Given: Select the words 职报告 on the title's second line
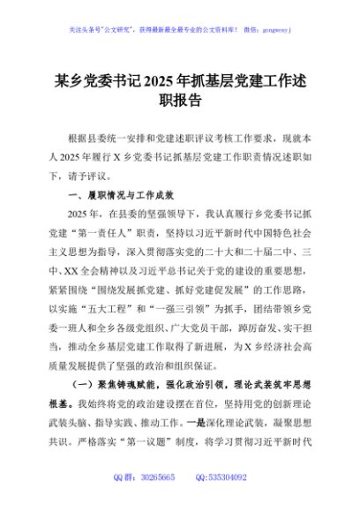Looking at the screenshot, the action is click(180, 100).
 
